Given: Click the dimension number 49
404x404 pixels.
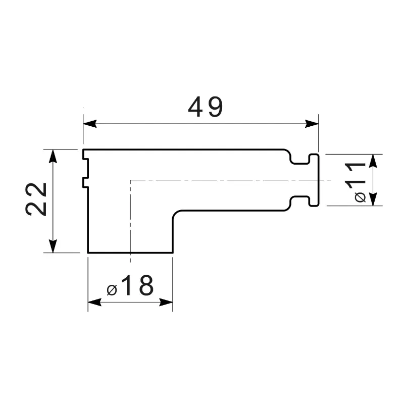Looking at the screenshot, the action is tap(206, 107).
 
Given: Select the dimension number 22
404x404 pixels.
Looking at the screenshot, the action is tap(36, 199).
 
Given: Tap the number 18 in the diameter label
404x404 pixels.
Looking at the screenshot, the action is tap(138, 285).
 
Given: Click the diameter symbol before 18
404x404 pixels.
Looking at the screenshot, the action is tap(112, 289).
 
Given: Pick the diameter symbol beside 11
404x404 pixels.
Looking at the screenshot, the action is tap(360, 197).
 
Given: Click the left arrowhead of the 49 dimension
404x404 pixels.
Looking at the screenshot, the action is tap(90, 124).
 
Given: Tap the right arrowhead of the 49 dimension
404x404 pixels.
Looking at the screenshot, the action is tap(312, 124).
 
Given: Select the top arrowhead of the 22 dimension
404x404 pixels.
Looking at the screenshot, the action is tap(53, 156).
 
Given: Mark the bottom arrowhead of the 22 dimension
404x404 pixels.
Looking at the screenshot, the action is tap(53, 246).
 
